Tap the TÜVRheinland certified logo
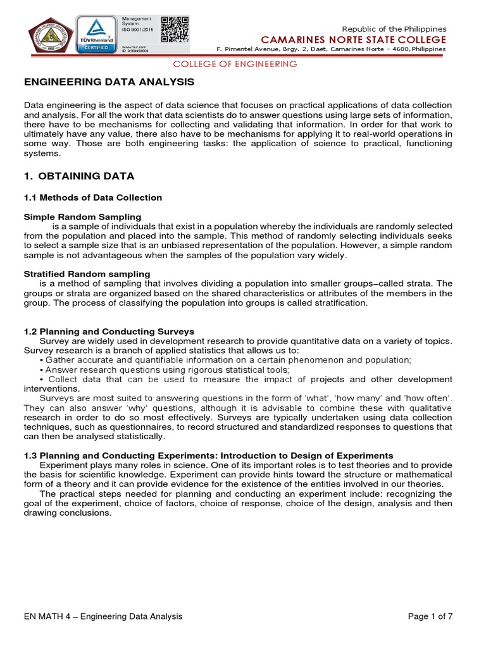[95, 34]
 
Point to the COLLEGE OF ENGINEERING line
[235, 64]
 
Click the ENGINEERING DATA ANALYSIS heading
[109, 82]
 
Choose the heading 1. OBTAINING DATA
[79, 175]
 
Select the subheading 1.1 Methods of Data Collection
[93, 197]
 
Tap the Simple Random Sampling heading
[82, 217]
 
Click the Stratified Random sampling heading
[87, 273]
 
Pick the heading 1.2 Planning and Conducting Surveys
[109, 331]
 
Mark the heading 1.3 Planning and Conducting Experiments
[208, 456]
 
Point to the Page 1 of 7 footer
[430, 616]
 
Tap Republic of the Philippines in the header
[394, 28]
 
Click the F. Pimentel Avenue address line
[331, 49]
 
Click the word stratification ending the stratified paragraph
[339, 302]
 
